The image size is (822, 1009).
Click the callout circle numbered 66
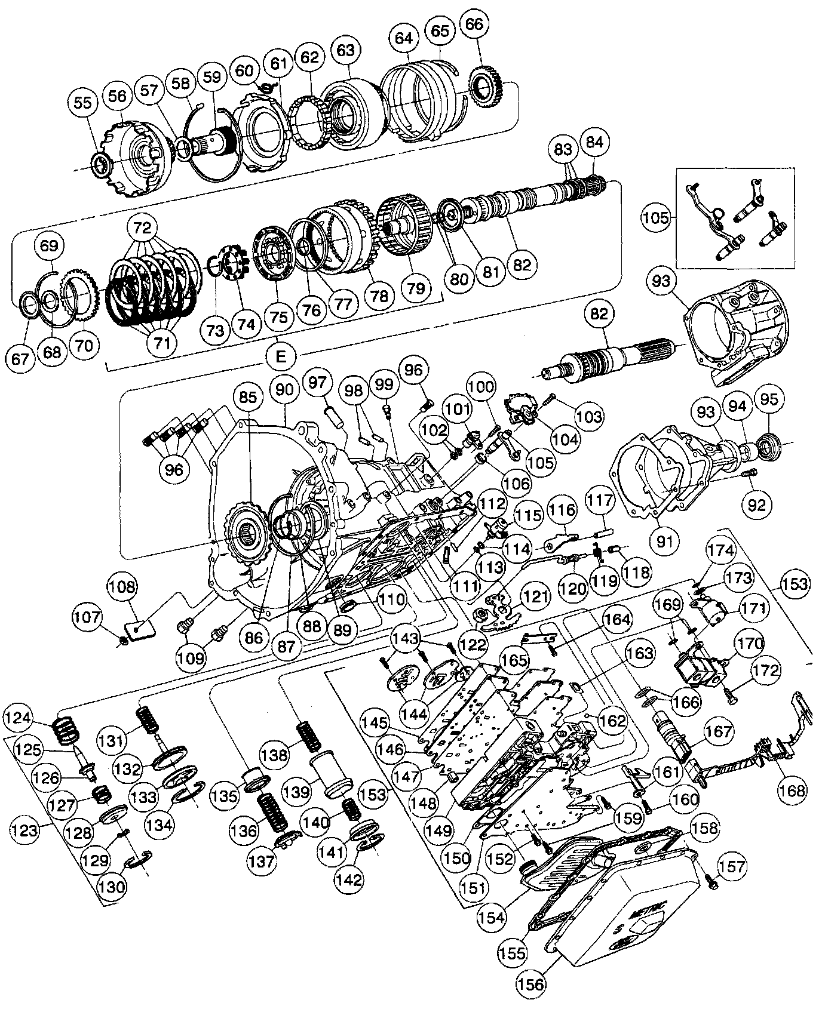(477, 24)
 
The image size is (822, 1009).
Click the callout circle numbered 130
(113, 886)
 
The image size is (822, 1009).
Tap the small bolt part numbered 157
(710, 879)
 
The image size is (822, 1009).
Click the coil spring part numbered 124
(67, 731)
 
